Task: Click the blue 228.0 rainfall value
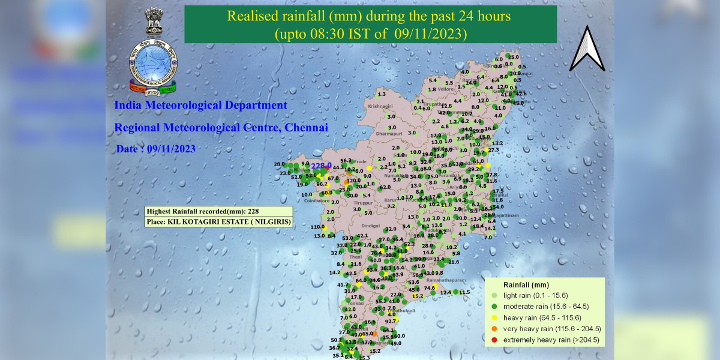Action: (321, 166)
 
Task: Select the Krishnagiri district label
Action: (380, 106)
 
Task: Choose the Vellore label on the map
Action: (444, 89)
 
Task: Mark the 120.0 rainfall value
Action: (355, 180)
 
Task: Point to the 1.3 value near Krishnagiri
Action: (380, 94)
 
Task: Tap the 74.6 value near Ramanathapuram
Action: (430, 288)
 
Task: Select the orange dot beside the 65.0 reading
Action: (374, 334)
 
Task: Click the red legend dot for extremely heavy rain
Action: (493, 340)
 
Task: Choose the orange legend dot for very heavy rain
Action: (493, 329)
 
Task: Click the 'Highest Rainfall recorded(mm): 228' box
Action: (219, 211)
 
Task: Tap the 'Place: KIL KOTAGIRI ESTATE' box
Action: (219, 222)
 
